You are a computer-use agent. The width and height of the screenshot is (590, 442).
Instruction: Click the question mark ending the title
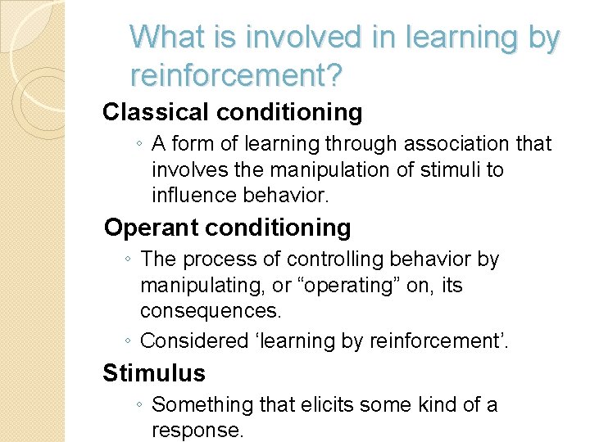click(x=336, y=75)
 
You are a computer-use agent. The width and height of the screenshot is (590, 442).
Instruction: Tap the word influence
click(x=190, y=196)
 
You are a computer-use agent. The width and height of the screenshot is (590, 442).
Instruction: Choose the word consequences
click(x=211, y=312)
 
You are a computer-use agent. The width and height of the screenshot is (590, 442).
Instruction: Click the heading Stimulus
click(x=154, y=373)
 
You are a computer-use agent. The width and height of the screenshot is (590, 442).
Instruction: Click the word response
click(x=197, y=430)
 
